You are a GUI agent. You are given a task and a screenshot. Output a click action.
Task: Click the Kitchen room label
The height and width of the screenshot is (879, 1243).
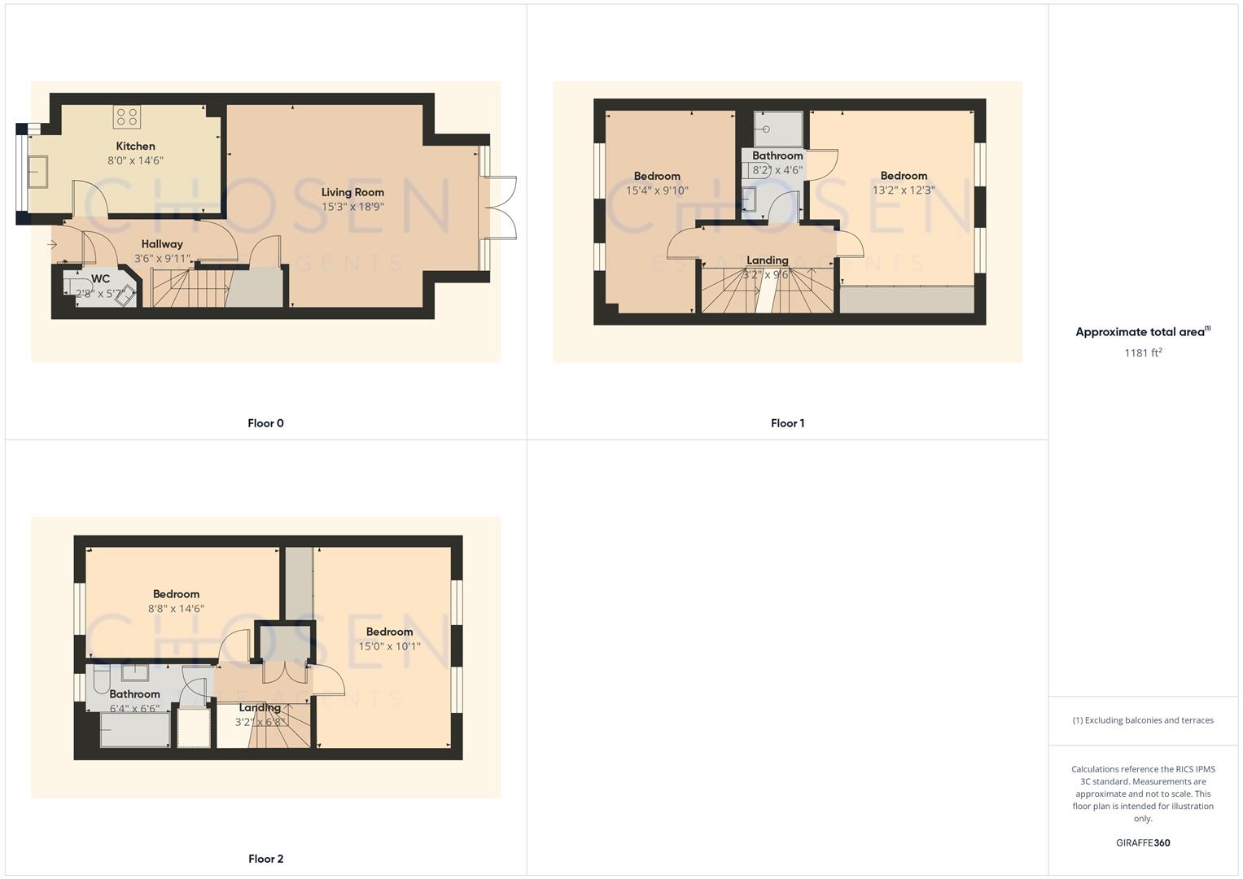point(135,146)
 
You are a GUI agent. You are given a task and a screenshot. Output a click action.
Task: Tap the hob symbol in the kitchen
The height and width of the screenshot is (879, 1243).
point(126,117)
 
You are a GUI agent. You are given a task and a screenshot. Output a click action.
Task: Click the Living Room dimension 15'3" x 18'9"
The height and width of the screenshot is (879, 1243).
point(352,207)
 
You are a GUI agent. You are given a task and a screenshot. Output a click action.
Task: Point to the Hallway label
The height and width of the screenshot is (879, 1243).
point(162,244)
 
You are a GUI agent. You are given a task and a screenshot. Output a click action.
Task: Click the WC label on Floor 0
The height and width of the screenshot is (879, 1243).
point(100,279)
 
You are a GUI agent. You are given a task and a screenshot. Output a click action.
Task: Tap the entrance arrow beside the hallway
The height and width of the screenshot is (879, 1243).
point(52,244)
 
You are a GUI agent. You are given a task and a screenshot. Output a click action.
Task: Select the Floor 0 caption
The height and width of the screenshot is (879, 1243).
point(265,423)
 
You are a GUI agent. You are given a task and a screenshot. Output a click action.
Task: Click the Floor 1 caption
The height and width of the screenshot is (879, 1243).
point(787,423)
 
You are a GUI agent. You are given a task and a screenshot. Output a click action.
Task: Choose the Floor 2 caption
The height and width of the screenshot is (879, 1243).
point(265,859)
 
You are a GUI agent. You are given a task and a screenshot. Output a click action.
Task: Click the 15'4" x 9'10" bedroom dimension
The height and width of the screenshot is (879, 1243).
point(657,190)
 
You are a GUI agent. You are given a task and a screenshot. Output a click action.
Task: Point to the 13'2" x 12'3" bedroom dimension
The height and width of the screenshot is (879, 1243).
point(904,190)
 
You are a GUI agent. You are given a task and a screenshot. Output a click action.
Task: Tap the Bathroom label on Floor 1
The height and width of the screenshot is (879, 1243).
point(777,155)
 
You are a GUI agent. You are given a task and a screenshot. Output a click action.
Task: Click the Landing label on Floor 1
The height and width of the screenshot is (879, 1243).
point(767,260)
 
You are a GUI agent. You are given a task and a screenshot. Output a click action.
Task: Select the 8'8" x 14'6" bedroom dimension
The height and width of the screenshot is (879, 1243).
point(176,609)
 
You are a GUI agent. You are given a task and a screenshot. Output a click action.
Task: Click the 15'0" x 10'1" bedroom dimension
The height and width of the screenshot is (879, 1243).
point(389,646)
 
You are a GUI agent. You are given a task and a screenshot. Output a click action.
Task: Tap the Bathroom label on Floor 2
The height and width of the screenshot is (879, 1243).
point(134,694)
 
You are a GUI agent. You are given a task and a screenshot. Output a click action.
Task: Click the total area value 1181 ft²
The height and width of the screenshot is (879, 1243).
point(1143,352)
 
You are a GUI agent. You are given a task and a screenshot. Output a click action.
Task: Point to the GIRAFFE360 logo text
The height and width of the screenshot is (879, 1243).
point(1143,843)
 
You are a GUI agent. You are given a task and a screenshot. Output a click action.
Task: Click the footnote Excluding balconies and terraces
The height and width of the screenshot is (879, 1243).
point(1143,720)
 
